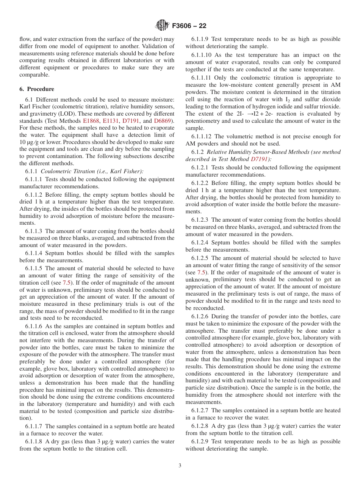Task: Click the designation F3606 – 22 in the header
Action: (x=189, y=26)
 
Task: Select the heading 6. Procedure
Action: (x=37, y=89)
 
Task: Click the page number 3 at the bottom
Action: (x=180, y=466)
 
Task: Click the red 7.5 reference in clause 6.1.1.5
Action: (x=66, y=283)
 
